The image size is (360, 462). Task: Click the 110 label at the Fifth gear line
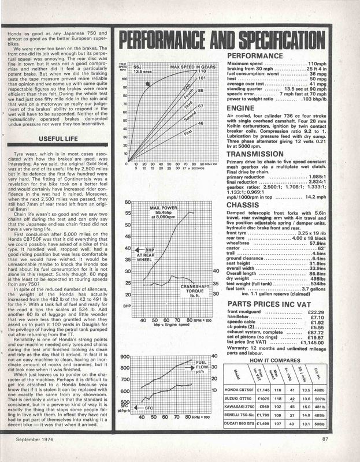pos(201,71)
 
